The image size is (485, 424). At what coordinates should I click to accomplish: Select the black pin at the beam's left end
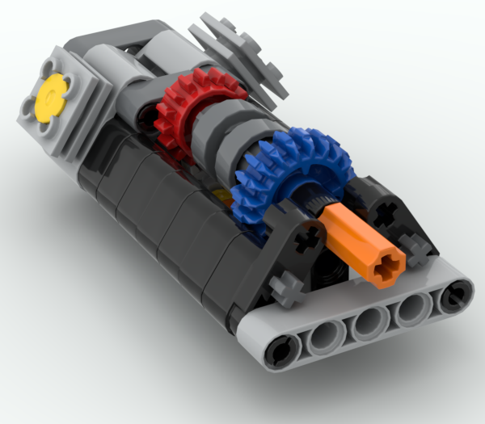coord(278,352)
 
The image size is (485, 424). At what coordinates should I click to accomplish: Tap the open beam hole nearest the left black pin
coord(323,338)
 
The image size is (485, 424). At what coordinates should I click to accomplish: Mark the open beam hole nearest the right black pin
coord(412,308)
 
